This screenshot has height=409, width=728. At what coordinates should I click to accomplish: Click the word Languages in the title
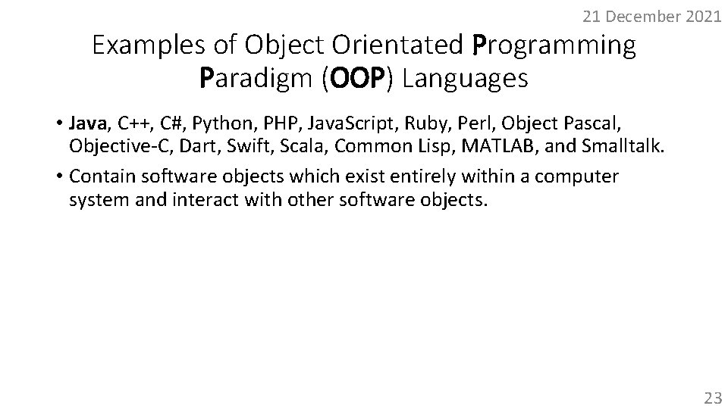(465, 78)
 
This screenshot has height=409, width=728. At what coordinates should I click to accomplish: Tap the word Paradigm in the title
(256, 78)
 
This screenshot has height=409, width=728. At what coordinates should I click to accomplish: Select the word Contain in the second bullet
(97, 177)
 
